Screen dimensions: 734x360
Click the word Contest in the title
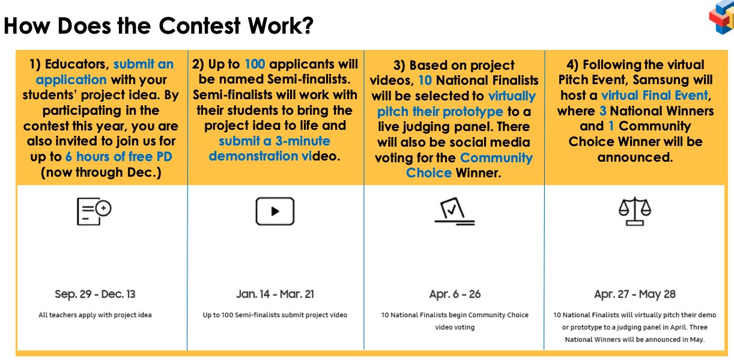point(199,26)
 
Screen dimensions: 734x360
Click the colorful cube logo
point(721,17)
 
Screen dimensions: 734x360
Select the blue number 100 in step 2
point(255,64)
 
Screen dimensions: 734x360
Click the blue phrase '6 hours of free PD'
point(118,157)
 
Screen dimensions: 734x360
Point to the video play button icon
point(275,211)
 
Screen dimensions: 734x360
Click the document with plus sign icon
point(94,211)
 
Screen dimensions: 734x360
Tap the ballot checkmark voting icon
point(455,211)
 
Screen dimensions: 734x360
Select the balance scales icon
point(635,211)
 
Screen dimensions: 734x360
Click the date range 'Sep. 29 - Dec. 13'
point(95,294)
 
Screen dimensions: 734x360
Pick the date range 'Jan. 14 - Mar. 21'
point(275,294)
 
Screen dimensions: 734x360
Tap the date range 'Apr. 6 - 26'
point(455,294)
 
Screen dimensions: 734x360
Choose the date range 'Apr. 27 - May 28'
point(635,294)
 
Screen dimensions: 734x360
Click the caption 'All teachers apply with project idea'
point(95,315)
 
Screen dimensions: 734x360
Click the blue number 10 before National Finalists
point(425,81)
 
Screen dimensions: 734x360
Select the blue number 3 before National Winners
point(602,111)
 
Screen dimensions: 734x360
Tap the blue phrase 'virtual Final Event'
point(654,96)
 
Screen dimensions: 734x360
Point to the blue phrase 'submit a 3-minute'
point(274,141)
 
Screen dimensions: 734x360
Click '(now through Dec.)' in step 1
point(101,172)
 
